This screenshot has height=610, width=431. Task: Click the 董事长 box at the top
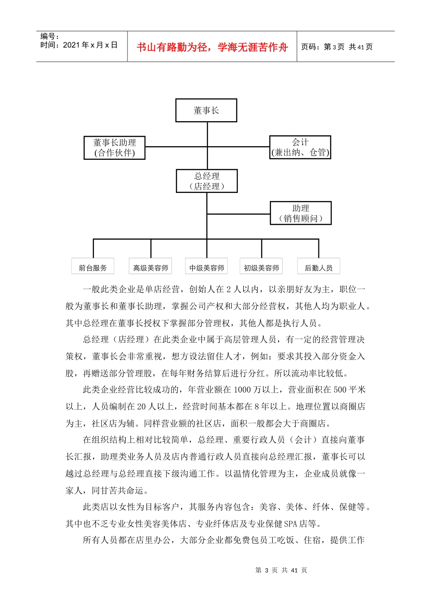(x=206, y=110)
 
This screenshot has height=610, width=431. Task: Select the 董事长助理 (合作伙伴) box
(x=115, y=148)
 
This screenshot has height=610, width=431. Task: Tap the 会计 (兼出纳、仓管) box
(x=300, y=147)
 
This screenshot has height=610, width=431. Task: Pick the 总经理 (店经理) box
(x=206, y=181)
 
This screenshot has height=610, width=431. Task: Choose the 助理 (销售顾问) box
(x=300, y=213)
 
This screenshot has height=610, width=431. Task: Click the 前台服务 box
(x=93, y=267)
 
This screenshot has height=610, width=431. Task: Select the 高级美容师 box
(x=151, y=267)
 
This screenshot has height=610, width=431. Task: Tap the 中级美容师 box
(x=206, y=267)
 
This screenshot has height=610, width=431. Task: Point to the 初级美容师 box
(x=261, y=267)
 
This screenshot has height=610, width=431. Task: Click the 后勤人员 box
(x=318, y=267)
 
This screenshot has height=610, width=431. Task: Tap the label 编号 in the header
(x=49, y=36)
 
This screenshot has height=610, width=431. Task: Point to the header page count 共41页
(x=361, y=47)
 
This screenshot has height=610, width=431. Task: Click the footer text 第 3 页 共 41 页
(x=281, y=570)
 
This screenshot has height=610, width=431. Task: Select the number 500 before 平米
(x=340, y=390)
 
